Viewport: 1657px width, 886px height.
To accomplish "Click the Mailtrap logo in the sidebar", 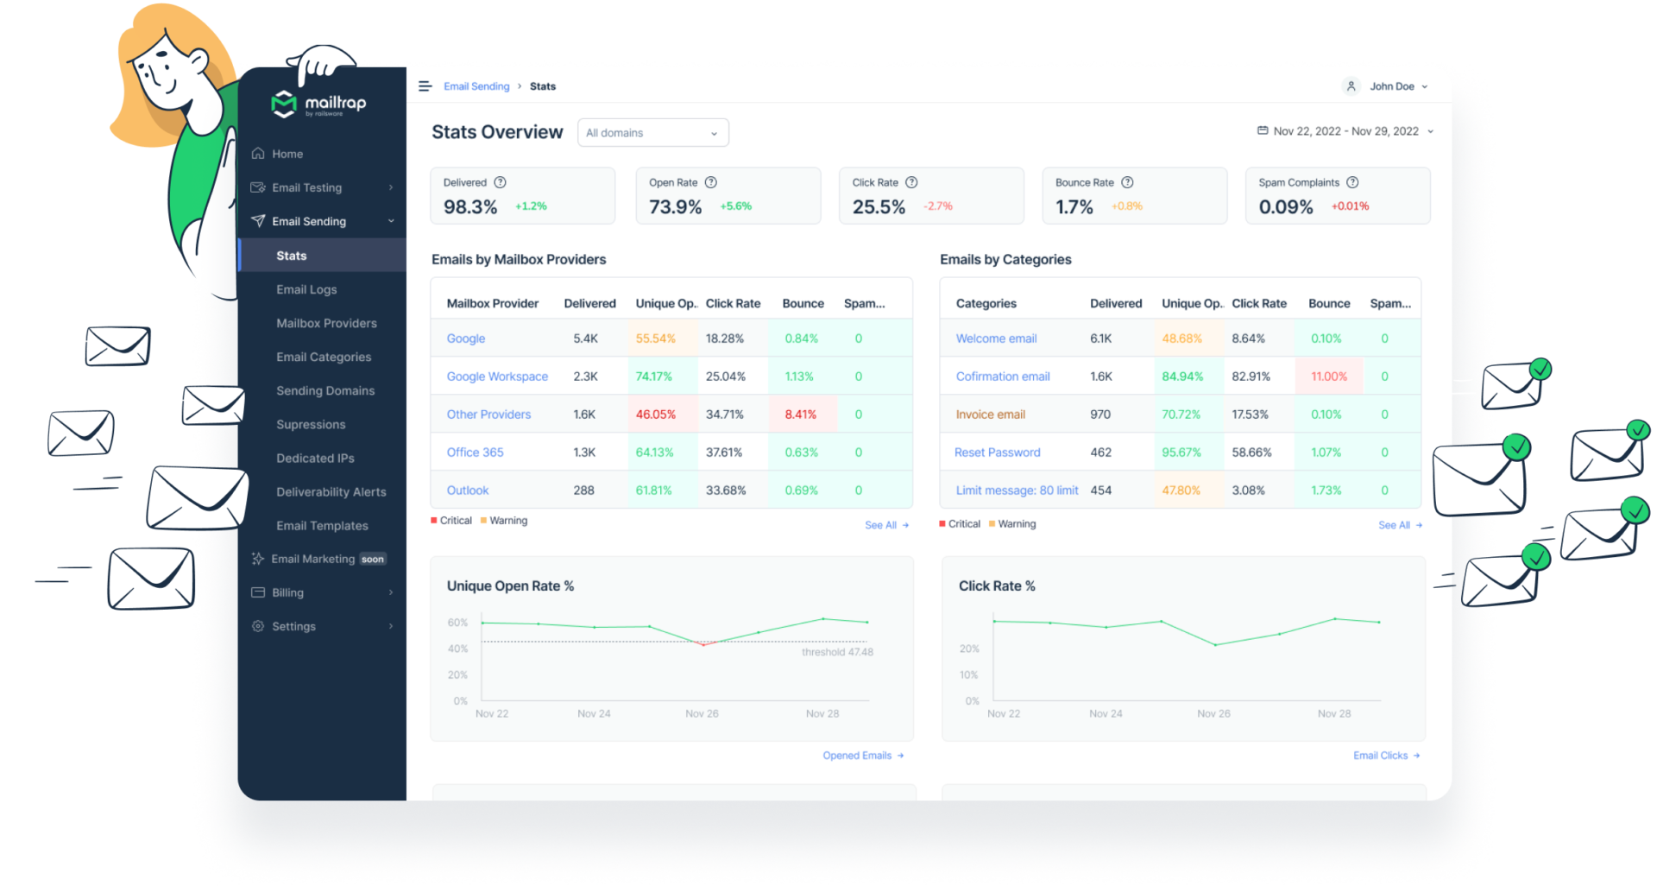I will [318, 104].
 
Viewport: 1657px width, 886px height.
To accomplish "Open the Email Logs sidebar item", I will [306, 289].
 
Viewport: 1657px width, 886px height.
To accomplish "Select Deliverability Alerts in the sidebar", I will [331, 492].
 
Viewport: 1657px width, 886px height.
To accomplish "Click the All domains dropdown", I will [652, 133].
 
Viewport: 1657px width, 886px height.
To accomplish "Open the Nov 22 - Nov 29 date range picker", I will [1345, 131].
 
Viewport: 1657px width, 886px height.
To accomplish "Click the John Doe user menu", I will [1387, 86].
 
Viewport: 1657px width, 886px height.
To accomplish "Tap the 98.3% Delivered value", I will [470, 207].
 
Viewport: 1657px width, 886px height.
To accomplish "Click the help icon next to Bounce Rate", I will [1127, 182].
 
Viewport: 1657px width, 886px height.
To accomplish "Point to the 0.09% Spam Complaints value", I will [1285, 207].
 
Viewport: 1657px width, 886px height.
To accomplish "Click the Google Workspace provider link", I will [497, 377].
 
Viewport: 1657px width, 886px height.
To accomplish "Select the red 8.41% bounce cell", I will [800, 415].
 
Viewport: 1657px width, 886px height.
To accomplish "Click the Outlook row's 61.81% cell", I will [653, 490].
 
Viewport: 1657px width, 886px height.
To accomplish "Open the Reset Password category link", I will [997, 452].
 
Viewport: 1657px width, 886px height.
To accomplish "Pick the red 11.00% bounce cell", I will [1328, 377].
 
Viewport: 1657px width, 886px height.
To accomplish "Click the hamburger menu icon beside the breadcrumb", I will [425, 86].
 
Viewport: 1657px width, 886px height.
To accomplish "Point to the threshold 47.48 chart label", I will [837, 652].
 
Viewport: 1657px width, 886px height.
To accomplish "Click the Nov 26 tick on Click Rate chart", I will [1213, 714].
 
